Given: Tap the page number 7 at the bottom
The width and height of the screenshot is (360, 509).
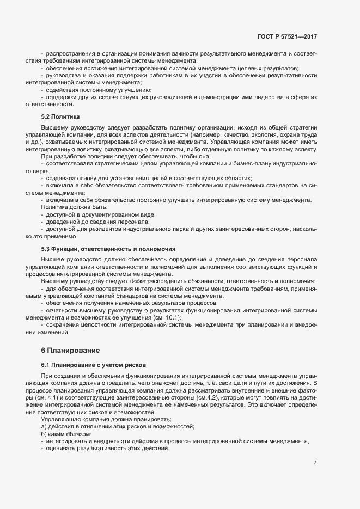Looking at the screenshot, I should coord(315,463).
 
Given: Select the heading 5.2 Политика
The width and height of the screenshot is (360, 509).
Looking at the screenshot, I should coord(60,116).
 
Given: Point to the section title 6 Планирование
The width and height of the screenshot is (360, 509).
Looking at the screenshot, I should coord(70,349).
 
